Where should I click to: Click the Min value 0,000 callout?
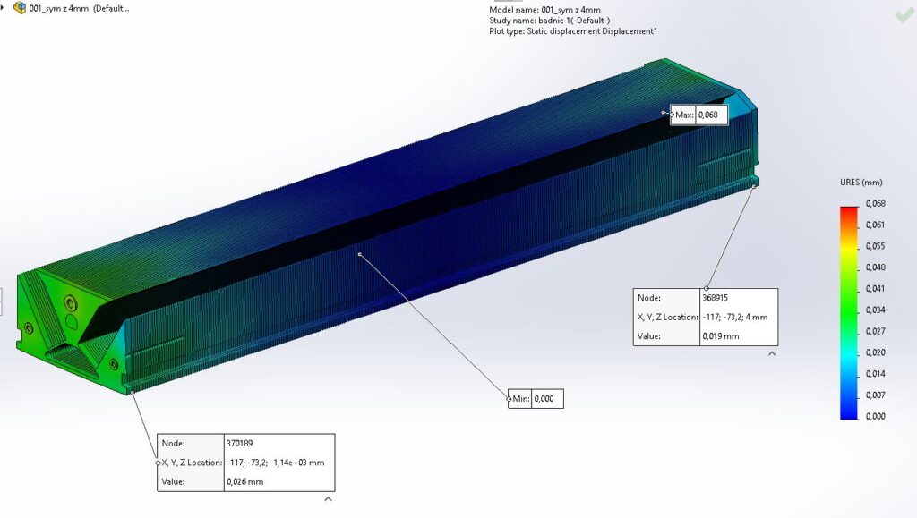pos(547,399)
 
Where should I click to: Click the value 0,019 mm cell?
pos(720,336)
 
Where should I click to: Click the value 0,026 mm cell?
pos(244,482)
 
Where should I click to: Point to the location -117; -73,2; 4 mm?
pos(734,317)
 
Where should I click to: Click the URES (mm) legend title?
pos(861,183)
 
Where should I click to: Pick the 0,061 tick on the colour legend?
pos(875,225)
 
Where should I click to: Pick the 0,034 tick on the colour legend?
pos(875,310)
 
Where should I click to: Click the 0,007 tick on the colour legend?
pos(875,395)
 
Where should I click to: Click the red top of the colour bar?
pos(849,211)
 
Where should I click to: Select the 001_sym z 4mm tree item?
pos(79,8)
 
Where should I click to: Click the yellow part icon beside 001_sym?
pos(20,8)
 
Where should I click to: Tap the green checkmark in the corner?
pos(904,15)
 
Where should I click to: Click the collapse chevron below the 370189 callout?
pos(328,498)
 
